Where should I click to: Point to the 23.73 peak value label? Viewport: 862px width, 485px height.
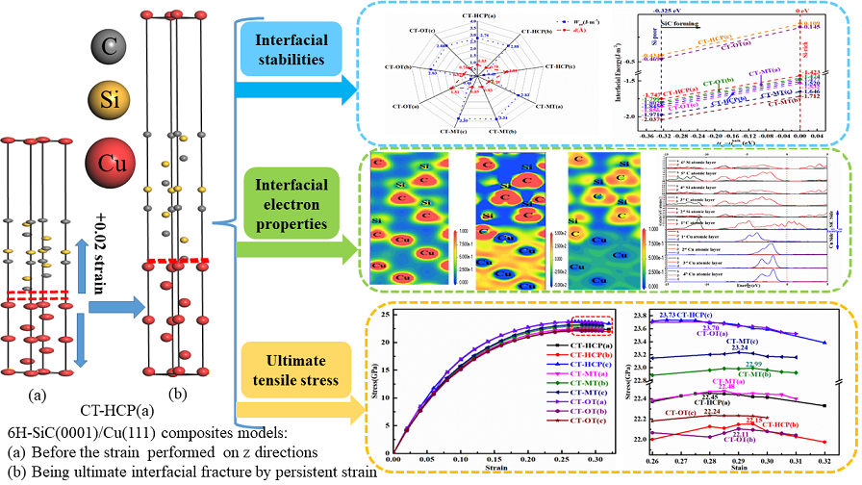(677, 315)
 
